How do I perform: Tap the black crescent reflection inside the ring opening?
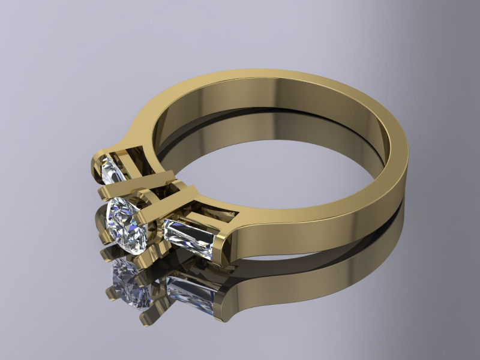pos(252,129)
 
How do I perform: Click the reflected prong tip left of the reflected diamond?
pos(111,294)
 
